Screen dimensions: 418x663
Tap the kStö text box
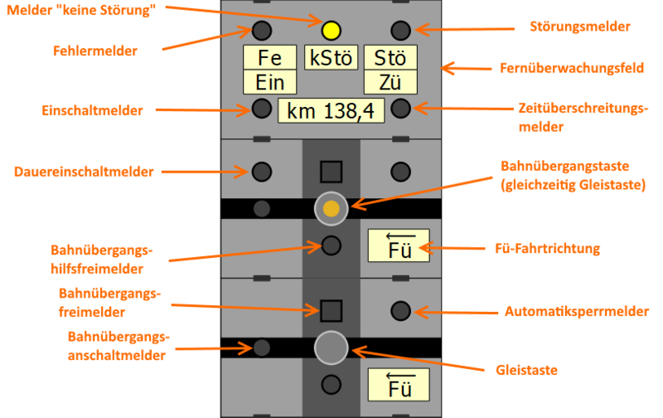pos(331,58)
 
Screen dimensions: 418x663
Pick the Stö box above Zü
pos(390,58)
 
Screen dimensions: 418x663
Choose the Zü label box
pos(390,82)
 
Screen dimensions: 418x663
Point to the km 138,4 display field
pos(331,110)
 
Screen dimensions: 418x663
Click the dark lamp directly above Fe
pos(262,32)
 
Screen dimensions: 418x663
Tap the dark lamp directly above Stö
pos(400,32)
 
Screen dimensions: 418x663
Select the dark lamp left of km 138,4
pos(262,108)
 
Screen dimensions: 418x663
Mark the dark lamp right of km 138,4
pos(400,108)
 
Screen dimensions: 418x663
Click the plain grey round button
pos(331,348)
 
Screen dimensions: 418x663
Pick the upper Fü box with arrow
pos(399,245)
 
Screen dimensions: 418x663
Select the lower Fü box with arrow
pos(399,385)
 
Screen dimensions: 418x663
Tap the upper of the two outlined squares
pos(331,172)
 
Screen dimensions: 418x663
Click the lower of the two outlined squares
pos(331,311)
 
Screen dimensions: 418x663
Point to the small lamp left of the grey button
pos(262,348)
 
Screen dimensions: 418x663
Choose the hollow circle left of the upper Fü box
pos(331,245)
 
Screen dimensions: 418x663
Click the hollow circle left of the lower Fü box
pos(331,385)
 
